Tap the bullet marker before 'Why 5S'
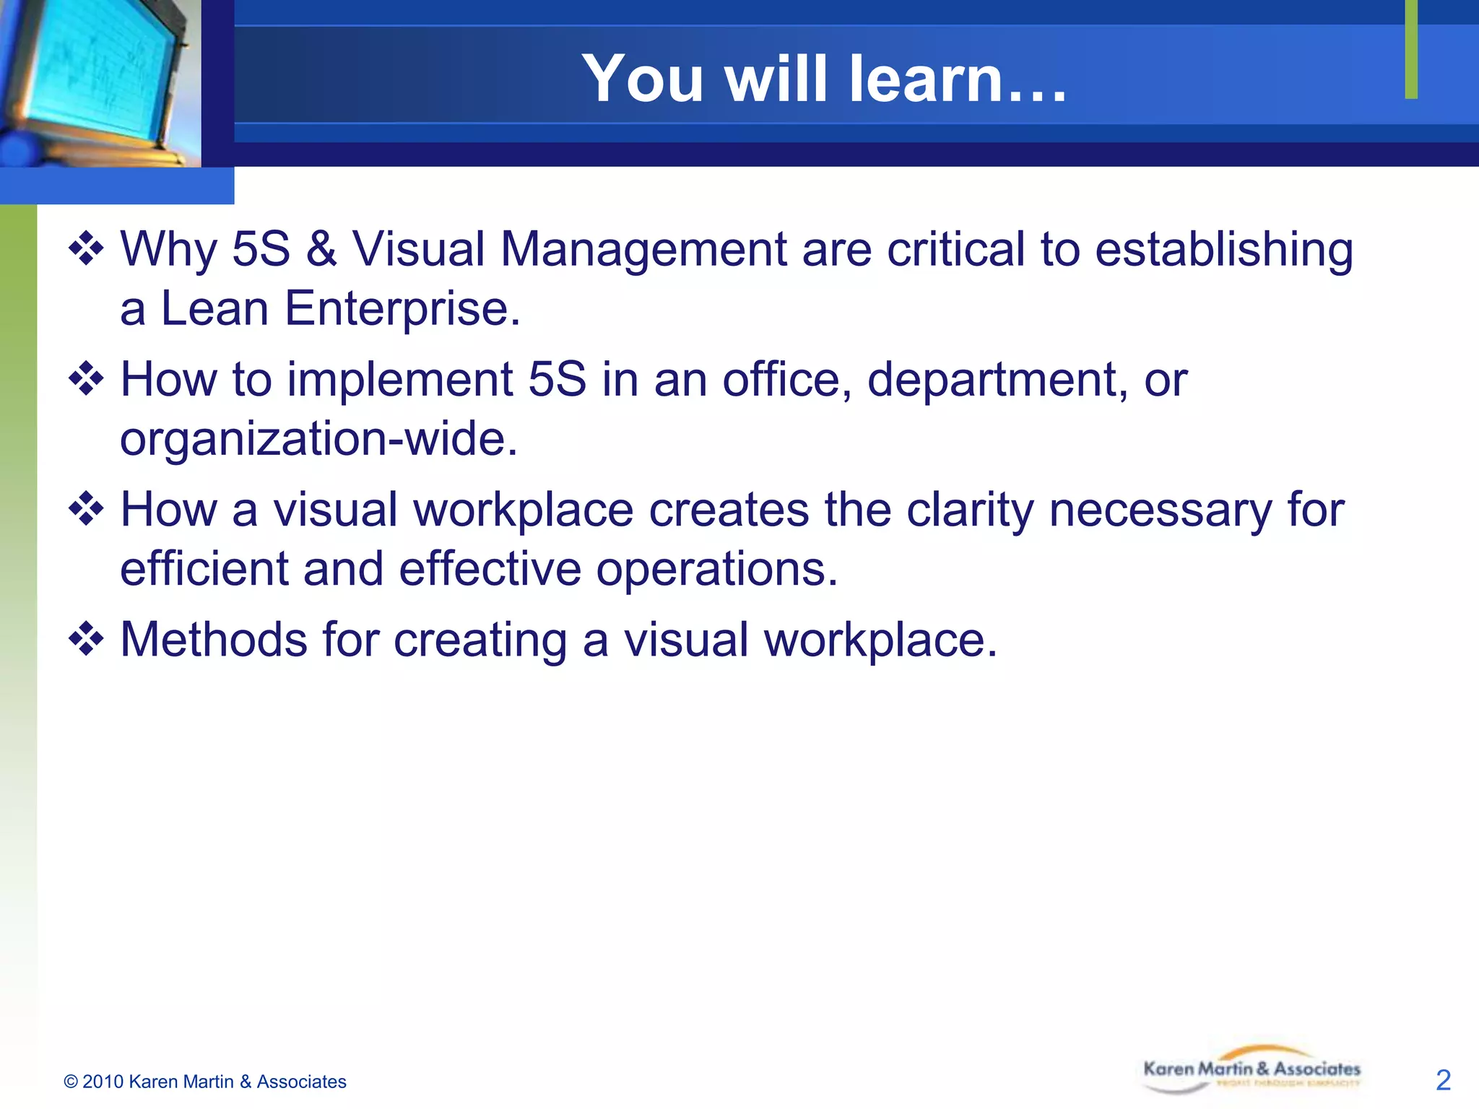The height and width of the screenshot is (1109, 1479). point(86,249)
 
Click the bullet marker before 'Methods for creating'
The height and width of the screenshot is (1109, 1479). point(86,640)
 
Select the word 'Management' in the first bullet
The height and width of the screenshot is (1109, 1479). point(643,249)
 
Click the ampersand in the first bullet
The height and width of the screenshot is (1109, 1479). point(321,249)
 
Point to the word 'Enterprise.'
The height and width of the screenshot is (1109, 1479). point(402,308)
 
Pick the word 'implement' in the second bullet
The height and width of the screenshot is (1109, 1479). point(399,380)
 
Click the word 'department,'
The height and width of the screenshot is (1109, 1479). point(997,380)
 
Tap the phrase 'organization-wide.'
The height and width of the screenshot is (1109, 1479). point(318,439)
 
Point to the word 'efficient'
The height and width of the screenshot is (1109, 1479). point(204,569)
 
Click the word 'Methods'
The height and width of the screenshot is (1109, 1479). point(214,640)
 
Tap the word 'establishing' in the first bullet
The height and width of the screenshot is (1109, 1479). point(1223,249)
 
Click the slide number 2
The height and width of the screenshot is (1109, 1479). point(1443,1080)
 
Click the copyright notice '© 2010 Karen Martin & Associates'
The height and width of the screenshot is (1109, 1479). point(205,1082)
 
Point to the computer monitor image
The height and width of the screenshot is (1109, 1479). point(97,79)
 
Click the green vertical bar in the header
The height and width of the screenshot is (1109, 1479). point(1411,49)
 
